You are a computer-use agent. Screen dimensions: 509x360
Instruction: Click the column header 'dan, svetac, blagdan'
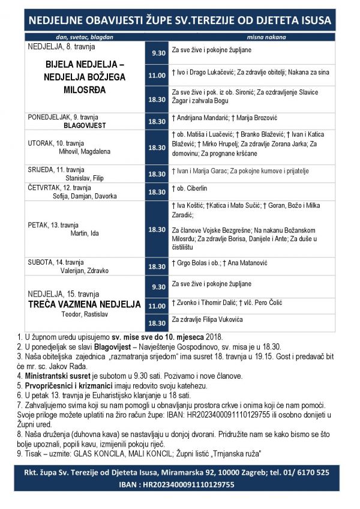pyautogui.click(x=83, y=37)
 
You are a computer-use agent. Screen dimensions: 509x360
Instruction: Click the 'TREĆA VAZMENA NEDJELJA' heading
pyautogui.click(x=85, y=304)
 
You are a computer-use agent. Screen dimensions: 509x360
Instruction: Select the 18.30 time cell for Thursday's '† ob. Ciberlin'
pyautogui.click(x=157, y=192)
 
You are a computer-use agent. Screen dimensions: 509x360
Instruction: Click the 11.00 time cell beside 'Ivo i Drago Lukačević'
pyautogui.click(x=157, y=75)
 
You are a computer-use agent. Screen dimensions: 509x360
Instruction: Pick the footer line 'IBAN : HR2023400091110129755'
pyautogui.click(x=180, y=484)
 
